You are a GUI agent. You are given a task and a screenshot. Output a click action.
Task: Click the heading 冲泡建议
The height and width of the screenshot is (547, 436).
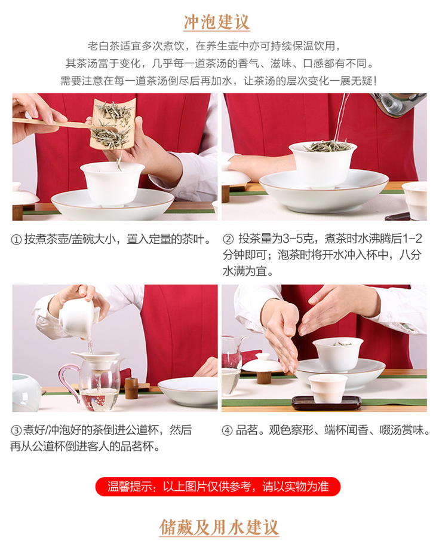pos(216,22)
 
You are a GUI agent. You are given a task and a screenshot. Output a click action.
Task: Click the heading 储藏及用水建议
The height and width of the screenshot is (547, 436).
pos(219,527)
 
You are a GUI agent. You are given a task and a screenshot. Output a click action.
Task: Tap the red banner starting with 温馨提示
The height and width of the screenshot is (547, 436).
pos(218,486)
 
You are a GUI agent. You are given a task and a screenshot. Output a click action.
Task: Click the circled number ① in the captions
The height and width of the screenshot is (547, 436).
pos(16,240)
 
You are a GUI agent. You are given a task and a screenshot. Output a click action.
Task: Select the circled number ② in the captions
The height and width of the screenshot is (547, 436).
pos(228,239)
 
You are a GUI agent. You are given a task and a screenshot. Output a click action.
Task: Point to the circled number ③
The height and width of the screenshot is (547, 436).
pos(16,430)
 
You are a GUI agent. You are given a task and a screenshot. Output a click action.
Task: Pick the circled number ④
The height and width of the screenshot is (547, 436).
pos(227,430)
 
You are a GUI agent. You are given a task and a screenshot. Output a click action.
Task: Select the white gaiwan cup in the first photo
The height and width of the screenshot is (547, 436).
pos(112,183)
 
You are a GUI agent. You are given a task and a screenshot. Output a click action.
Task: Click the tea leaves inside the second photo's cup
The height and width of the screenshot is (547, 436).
pos(328,146)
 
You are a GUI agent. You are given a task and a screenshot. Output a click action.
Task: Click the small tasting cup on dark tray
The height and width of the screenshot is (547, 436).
pos(328,388)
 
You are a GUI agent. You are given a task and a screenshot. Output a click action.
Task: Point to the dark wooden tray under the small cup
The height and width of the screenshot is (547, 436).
pos(326,403)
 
